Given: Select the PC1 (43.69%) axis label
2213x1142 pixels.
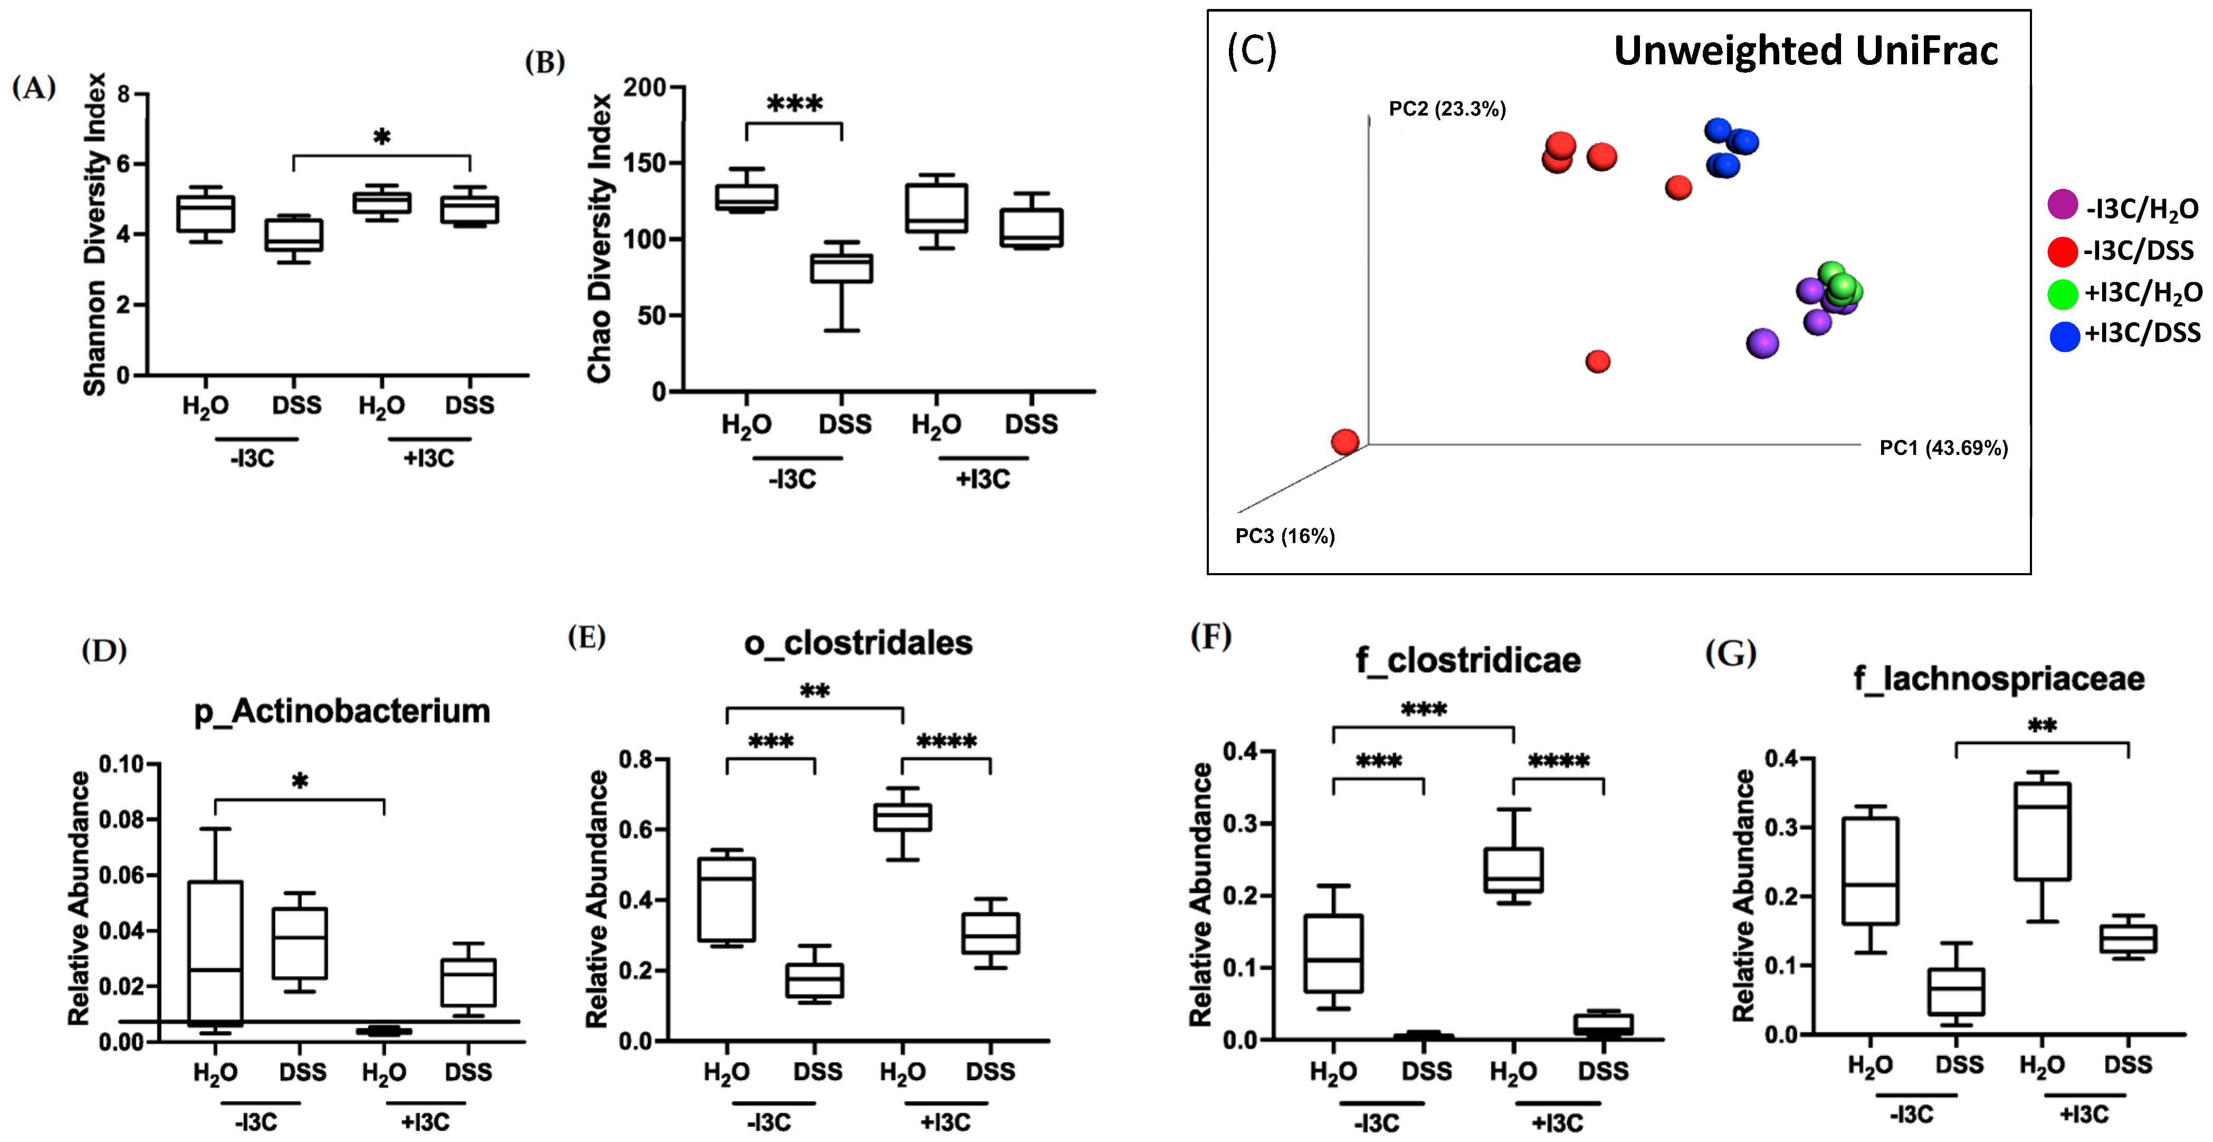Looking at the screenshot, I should click(1943, 448).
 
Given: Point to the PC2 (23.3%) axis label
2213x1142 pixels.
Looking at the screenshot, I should click(1447, 109).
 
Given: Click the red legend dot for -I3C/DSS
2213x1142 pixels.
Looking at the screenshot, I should click(2062, 251).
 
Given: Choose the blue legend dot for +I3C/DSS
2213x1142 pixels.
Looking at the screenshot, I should click(2064, 335).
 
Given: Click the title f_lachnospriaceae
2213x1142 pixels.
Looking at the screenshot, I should click(1998, 679).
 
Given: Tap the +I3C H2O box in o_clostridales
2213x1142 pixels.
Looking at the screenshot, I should click(903, 817).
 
